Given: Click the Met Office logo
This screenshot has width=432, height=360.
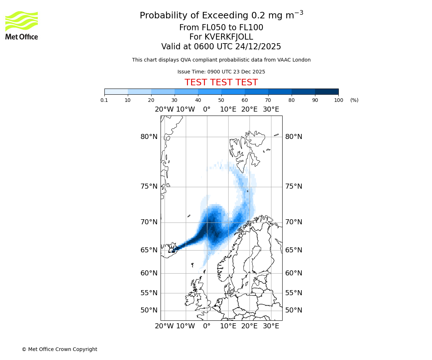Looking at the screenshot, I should pos(22,25).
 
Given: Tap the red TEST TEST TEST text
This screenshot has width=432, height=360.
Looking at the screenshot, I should pos(221,82).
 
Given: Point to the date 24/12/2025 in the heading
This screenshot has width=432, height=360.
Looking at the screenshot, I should pos(258,47).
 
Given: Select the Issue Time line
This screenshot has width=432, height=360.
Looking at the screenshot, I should pos(221,72).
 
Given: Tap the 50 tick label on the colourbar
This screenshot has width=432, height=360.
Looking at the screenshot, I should pos(221,100).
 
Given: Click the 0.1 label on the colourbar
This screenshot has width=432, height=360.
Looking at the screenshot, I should pos(104,100).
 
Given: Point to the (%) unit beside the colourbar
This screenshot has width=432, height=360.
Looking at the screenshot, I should pos(354,100).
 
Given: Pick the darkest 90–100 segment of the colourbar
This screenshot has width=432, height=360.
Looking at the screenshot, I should pos(327,91).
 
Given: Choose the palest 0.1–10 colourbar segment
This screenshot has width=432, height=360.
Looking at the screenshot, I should pos(116,91).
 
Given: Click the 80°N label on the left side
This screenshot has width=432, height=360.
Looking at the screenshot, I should pos(149,137).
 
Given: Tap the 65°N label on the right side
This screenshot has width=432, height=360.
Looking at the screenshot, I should pos(294,250).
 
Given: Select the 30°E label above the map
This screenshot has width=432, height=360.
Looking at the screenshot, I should pos(271,109).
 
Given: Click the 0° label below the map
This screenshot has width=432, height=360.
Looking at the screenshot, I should pos(207,326).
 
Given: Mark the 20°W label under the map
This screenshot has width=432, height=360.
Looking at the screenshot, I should pos(164,326).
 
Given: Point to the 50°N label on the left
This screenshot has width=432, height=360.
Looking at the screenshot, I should pos(149,310).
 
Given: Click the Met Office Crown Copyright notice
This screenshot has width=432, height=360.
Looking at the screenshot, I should pos(59,350).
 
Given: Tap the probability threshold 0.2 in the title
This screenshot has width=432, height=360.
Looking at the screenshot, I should pos(255,16).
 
